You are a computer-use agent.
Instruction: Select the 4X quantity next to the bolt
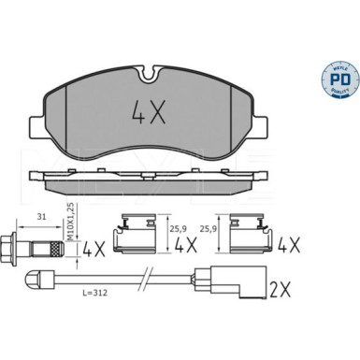pyautogui.click(x=94, y=250)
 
